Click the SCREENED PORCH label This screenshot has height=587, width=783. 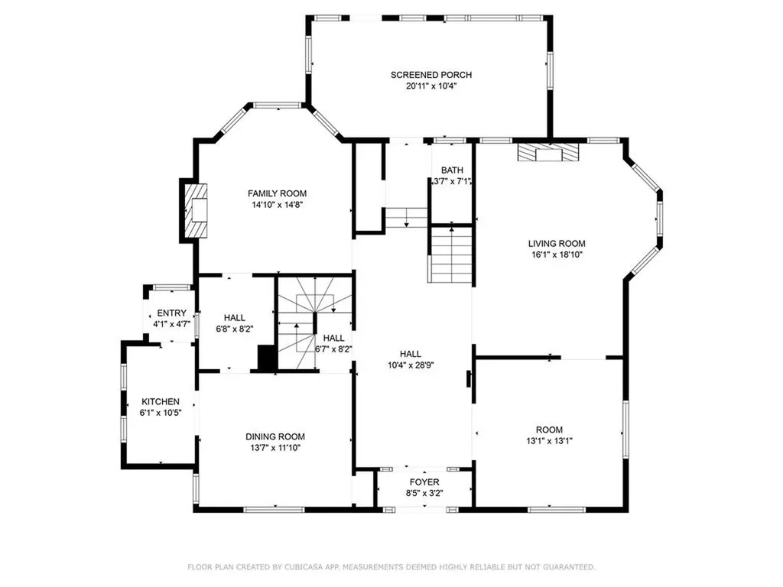coord(430,75)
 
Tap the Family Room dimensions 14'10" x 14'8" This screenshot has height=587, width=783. coord(276,205)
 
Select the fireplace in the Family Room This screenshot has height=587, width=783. coord(196,209)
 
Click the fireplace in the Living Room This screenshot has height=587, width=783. coord(548,153)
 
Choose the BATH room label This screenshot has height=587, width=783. coord(452,170)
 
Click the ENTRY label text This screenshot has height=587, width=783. coord(171,313)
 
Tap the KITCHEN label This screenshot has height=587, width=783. coord(161,402)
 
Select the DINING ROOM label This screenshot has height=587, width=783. coord(275,436)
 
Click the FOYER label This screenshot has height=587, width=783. coord(424,482)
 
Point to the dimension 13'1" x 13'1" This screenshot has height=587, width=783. coord(549,440)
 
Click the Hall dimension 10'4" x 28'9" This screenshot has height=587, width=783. coord(411,365)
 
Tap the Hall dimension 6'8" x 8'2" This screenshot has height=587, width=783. coord(234,329)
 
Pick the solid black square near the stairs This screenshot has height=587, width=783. coord(267,359)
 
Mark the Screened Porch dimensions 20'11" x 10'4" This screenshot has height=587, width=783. coord(430,86)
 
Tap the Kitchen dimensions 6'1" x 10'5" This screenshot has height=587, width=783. coord(161,413)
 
